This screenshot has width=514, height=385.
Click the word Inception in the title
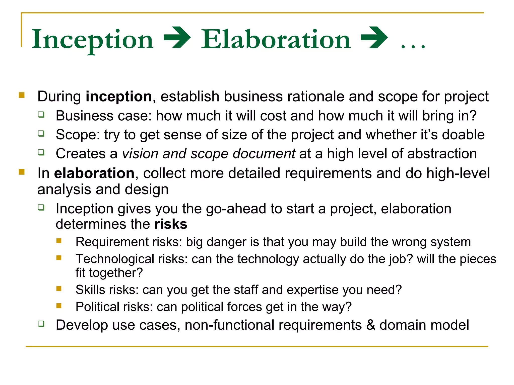[92, 40]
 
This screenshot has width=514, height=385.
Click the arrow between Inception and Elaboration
[177, 38]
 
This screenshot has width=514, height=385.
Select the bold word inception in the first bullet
[119, 97]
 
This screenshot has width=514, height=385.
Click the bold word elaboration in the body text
[94, 173]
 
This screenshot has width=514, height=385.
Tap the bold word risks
[171, 224]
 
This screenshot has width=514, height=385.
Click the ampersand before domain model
[371, 325]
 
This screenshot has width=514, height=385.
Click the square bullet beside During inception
[22, 95]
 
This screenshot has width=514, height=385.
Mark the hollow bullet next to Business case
[41, 115]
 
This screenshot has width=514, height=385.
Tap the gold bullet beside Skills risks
[59, 289]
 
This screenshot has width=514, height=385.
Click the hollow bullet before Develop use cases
[41, 324]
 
